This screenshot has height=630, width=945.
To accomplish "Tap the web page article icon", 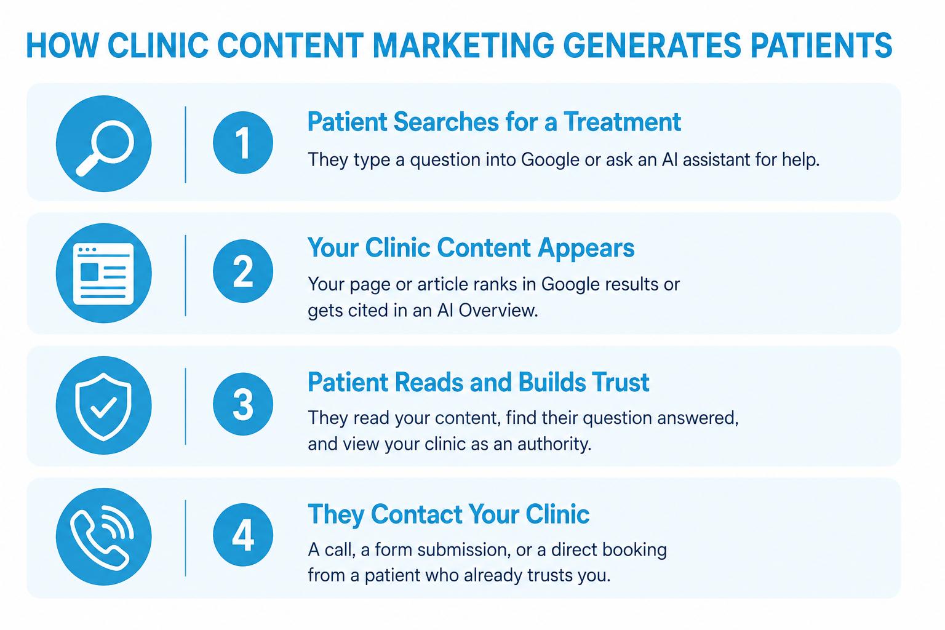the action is (x=103, y=273).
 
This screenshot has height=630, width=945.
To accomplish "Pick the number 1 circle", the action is (x=243, y=143).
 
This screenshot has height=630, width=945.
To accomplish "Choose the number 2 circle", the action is (x=243, y=271).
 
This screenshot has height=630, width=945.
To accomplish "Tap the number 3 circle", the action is (x=243, y=404).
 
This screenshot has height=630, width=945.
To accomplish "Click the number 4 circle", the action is (x=243, y=535).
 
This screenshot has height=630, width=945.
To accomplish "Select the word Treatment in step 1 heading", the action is (x=622, y=122).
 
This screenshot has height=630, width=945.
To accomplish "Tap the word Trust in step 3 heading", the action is (x=620, y=382).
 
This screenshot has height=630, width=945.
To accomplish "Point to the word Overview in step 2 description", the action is (x=498, y=311).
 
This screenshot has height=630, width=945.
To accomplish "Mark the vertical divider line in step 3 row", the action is (x=186, y=406).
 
